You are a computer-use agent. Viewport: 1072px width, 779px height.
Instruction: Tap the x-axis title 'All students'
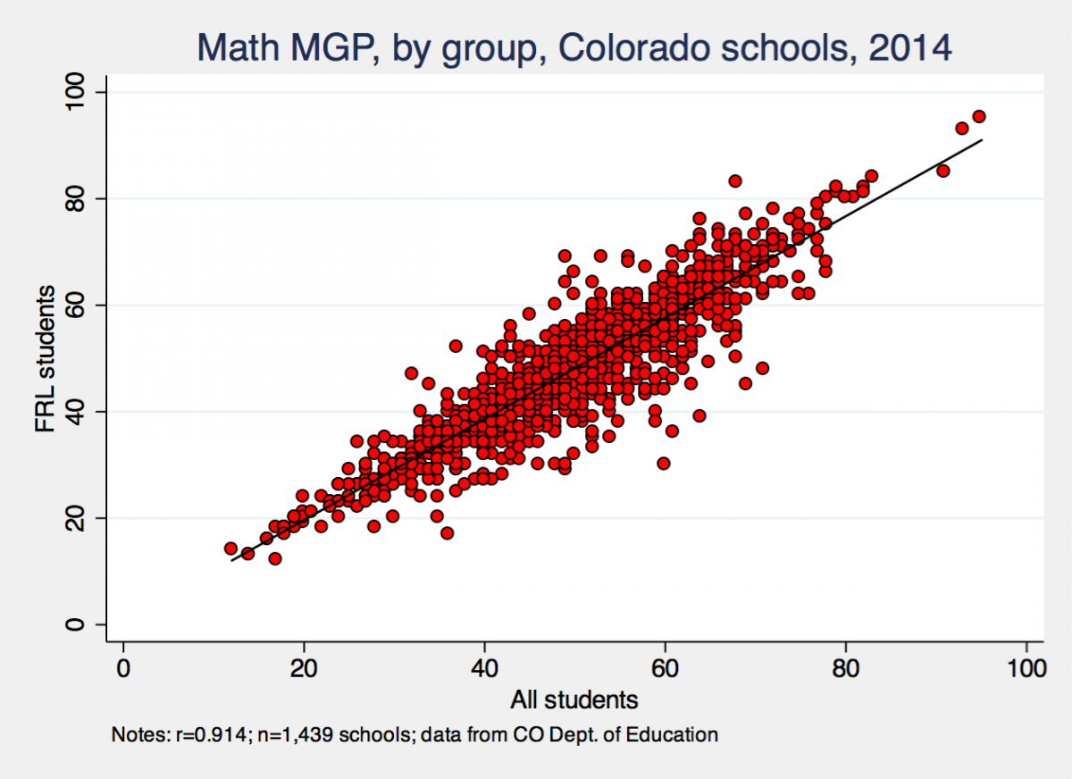(x=574, y=699)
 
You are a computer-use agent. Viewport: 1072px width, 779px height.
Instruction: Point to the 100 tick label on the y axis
(x=75, y=92)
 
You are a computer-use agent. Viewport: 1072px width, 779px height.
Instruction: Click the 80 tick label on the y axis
(x=75, y=198)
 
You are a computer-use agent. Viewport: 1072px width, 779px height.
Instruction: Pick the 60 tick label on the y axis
(x=75, y=305)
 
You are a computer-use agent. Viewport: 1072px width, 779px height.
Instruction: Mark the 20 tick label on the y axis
(x=75, y=517)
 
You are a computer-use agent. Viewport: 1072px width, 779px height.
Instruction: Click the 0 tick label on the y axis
(x=75, y=624)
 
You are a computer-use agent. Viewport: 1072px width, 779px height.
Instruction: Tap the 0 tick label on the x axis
(x=123, y=667)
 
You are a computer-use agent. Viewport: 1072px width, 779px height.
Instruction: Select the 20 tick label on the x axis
(x=304, y=667)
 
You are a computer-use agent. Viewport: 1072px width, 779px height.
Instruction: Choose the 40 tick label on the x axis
(x=484, y=667)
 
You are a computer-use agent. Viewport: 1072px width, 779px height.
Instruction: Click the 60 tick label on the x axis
(x=665, y=667)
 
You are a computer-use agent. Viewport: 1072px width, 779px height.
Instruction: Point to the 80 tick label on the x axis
(x=845, y=667)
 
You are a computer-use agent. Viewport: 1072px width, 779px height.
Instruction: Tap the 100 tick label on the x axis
(x=1026, y=667)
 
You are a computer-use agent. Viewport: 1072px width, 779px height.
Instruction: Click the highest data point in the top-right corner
(x=979, y=116)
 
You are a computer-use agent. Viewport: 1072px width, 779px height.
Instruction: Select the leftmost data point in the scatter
(x=230, y=549)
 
